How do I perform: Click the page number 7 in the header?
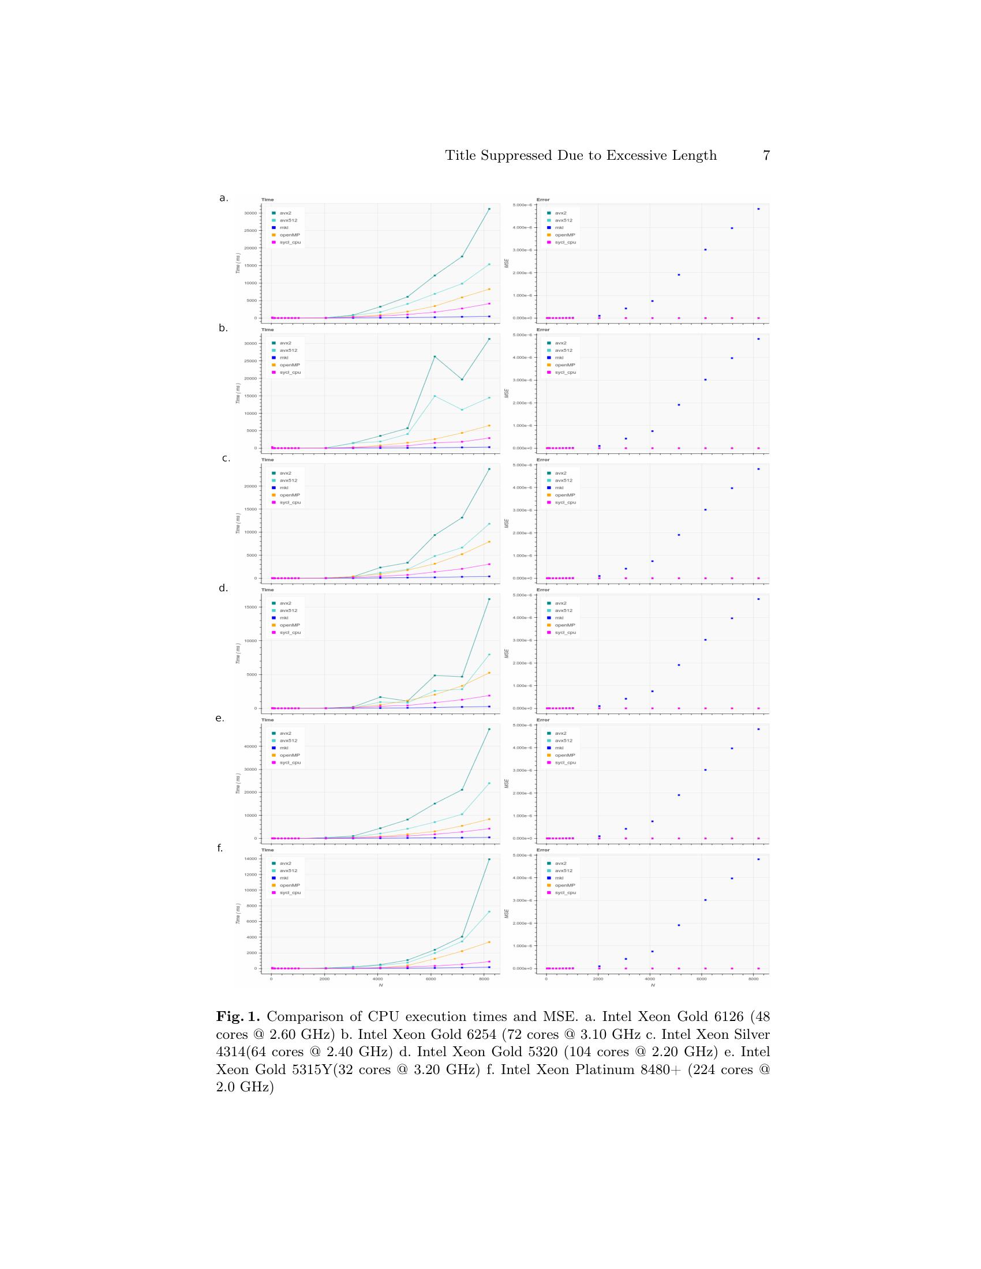pos(766,156)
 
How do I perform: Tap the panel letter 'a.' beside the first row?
pos(224,198)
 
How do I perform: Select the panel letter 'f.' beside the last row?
pos(220,848)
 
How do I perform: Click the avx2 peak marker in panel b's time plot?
pos(435,356)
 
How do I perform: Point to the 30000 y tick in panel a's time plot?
pos(250,213)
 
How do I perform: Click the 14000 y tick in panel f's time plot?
pos(250,859)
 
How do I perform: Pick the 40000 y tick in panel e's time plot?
pos(250,746)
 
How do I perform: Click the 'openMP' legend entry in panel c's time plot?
pos(290,495)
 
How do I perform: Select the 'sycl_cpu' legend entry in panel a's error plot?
pos(565,242)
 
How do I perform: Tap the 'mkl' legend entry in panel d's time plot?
pos(284,618)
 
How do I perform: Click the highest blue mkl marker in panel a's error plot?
pos(758,209)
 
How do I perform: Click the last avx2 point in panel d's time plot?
pos(489,599)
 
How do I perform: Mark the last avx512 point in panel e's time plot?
pos(489,783)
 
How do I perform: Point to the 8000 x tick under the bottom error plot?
pos(753,979)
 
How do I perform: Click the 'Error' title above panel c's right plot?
pos(543,460)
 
